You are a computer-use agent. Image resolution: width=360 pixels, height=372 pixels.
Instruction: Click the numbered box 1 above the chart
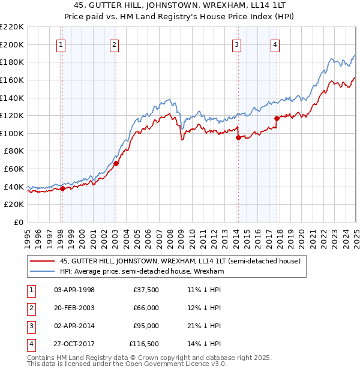(x=62, y=44)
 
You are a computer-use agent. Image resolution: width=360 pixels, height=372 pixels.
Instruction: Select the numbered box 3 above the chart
(x=237, y=44)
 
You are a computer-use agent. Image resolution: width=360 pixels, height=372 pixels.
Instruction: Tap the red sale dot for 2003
(x=116, y=163)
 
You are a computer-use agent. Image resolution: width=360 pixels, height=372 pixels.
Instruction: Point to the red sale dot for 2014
(x=238, y=137)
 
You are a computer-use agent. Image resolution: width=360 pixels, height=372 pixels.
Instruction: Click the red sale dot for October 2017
(x=277, y=118)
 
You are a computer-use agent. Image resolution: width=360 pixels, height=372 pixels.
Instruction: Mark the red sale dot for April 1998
(x=62, y=188)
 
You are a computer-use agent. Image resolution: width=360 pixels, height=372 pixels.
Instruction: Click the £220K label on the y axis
(x=12, y=26)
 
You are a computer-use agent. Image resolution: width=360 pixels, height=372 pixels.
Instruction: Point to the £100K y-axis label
(x=12, y=133)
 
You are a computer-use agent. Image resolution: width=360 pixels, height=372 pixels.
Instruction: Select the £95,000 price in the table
(x=145, y=326)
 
